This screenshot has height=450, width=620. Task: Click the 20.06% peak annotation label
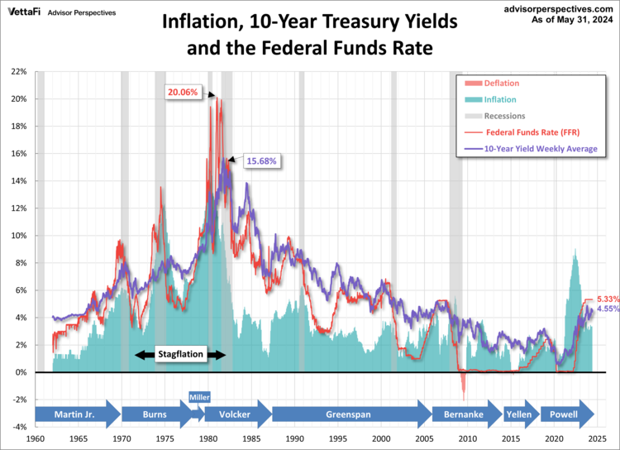point(183,92)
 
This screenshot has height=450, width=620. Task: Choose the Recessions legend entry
point(503,116)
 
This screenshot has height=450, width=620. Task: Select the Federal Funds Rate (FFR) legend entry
point(532,132)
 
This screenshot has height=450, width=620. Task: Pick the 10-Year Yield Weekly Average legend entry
point(539,149)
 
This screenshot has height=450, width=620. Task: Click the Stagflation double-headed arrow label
point(179,355)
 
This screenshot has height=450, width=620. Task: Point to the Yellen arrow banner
point(519,414)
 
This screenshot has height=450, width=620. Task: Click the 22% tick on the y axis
point(19,72)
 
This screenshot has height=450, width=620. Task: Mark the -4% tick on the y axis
point(19,427)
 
